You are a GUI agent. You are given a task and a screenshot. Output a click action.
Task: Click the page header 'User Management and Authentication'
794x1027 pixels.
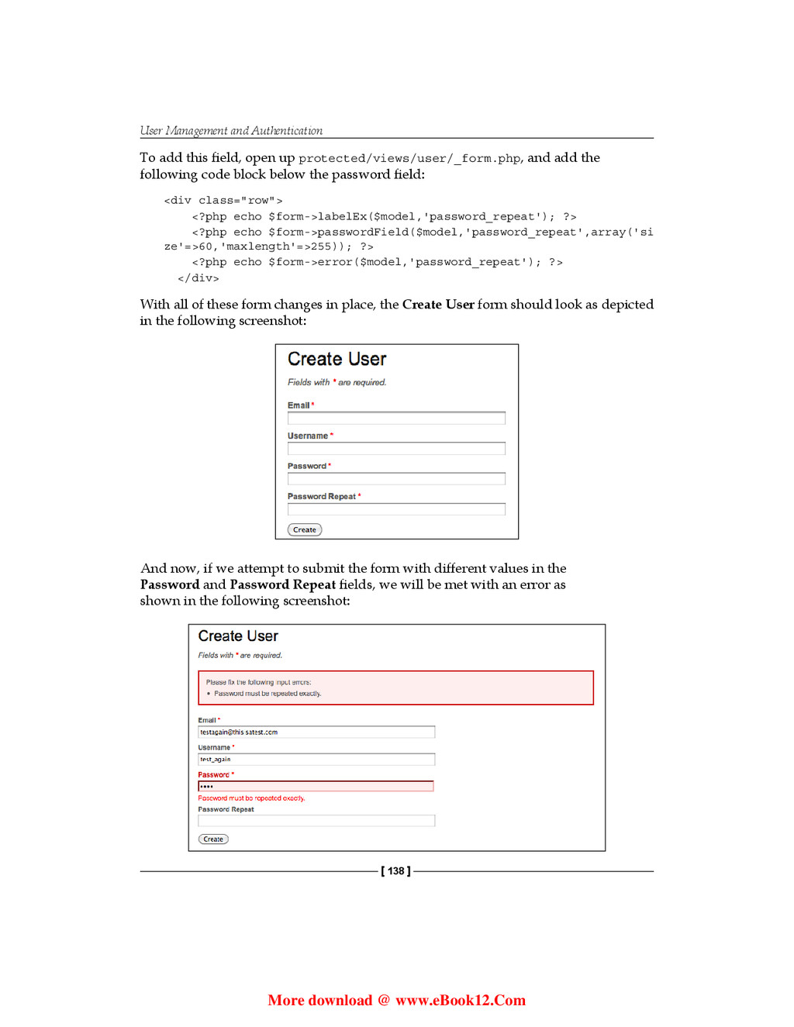(x=231, y=131)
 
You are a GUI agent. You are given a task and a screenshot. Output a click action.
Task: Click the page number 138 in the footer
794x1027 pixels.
(x=396, y=871)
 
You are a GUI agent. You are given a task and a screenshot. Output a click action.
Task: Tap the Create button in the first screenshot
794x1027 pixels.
(x=305, y=530)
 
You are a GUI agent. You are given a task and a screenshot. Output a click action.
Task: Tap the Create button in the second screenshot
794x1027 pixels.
(x=213, y=839)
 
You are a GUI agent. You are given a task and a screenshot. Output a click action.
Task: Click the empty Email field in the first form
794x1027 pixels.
(x=396, y=419)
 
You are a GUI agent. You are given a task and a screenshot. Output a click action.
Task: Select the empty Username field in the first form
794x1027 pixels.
(x=396, y=449)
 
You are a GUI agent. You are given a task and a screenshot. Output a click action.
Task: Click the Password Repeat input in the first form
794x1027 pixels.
(x=396, y=509)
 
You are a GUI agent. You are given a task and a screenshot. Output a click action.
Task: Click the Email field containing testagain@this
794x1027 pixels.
(x=316, y=732)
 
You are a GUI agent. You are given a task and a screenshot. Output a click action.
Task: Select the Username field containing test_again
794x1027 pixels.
(x=316, y=760)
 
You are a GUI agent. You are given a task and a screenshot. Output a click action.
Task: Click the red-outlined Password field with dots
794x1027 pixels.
(x=316, y=787)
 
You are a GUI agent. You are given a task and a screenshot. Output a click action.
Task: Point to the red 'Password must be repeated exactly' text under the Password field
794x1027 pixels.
(x=251, y=798)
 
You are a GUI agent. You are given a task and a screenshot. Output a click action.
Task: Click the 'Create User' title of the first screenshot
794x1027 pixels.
(x=337, y=360)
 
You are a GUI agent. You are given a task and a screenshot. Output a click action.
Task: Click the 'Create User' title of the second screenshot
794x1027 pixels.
(x=238, y=636)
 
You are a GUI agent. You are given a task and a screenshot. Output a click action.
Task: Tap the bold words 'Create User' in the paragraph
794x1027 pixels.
(x=438, y=305)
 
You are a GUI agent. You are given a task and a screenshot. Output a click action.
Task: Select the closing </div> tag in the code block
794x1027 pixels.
(x=198, y=278)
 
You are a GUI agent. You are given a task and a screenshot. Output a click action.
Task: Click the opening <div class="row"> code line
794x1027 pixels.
(x=223, y=201)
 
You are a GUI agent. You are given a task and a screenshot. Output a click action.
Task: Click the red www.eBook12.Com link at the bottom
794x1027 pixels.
(x=461, y=1001)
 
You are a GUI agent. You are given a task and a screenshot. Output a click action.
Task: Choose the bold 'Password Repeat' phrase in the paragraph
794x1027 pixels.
(x=283, y=585)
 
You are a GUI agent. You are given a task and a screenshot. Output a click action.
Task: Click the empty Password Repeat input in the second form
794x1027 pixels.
(x=316, y=821)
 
